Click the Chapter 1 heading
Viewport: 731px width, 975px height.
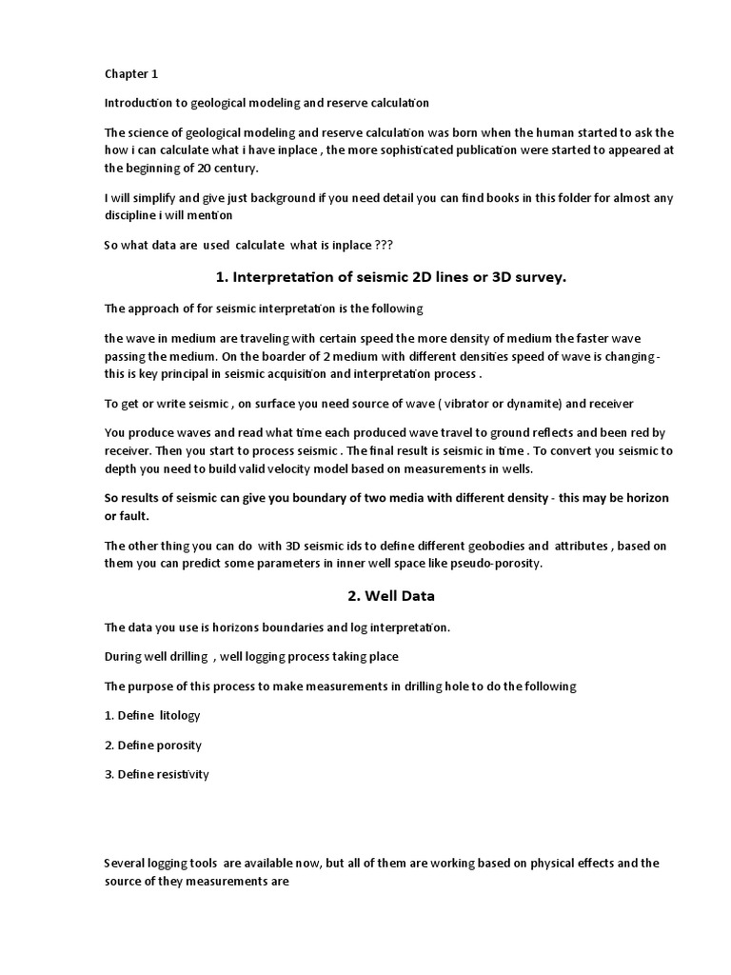(x=130, y=74)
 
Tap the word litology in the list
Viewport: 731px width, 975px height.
(x=181, y=715)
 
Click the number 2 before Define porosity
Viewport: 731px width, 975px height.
(x=108, y=745)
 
